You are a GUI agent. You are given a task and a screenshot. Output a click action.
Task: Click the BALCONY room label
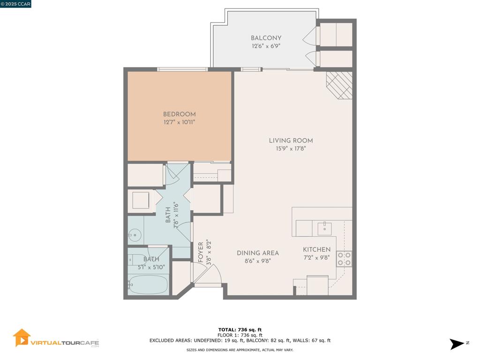(266, 38)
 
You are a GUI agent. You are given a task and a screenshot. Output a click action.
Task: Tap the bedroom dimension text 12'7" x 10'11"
(180, 122)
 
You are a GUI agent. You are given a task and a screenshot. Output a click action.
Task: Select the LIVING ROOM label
(291, 141)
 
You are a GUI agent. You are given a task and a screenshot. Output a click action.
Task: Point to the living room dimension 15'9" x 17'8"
(291, 149)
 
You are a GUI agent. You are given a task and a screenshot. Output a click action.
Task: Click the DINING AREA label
(258, 253)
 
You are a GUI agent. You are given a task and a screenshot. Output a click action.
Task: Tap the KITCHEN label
(316, 249)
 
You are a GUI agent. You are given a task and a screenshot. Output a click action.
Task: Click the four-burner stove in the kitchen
(344, 259)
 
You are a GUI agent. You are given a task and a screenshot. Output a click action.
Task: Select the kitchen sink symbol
(324, 228)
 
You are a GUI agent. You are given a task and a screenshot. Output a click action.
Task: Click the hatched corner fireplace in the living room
(339, 85)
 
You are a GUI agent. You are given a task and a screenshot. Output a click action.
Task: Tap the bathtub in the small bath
(148, 285)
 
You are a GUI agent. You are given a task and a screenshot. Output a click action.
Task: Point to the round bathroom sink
(135, 235)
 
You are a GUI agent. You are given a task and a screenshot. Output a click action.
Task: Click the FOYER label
(201, 252)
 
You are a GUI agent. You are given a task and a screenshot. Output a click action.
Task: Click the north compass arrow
(457, 344)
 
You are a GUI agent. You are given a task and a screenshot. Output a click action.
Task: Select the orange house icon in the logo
(22, 337)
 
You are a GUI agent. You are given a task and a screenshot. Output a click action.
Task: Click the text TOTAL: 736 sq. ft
(240, 330)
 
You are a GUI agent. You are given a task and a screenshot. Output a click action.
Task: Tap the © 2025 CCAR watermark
(15, 4)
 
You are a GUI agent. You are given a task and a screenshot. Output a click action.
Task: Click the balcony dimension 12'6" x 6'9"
(266, 46)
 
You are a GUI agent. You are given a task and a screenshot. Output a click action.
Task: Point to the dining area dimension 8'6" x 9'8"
(258, 261)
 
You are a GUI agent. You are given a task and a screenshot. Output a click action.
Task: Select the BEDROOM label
(180, 114)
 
